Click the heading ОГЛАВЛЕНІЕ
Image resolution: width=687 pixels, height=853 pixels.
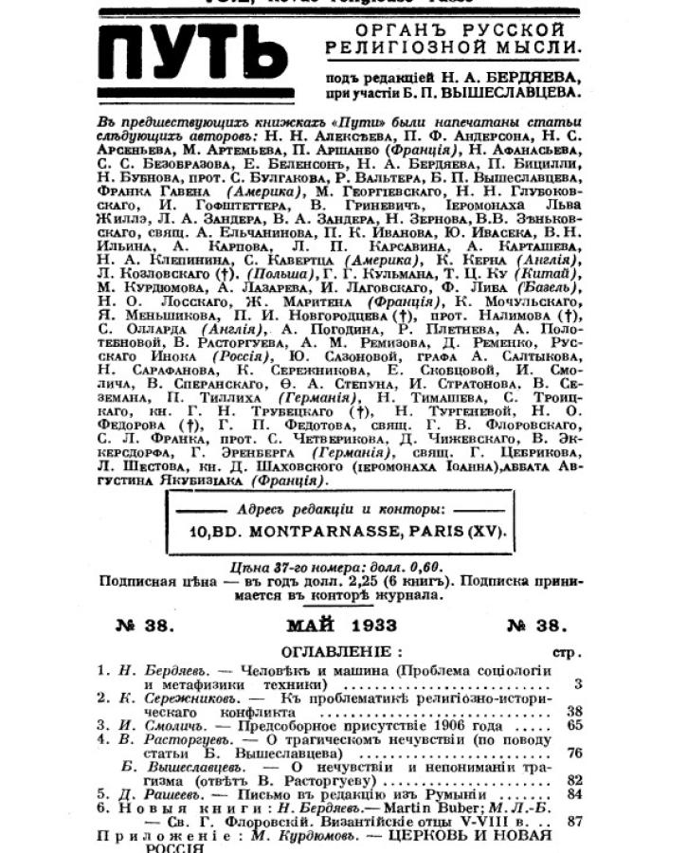click(x=338, y=652)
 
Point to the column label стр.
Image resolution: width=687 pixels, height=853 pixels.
click(x=566, y=652)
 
